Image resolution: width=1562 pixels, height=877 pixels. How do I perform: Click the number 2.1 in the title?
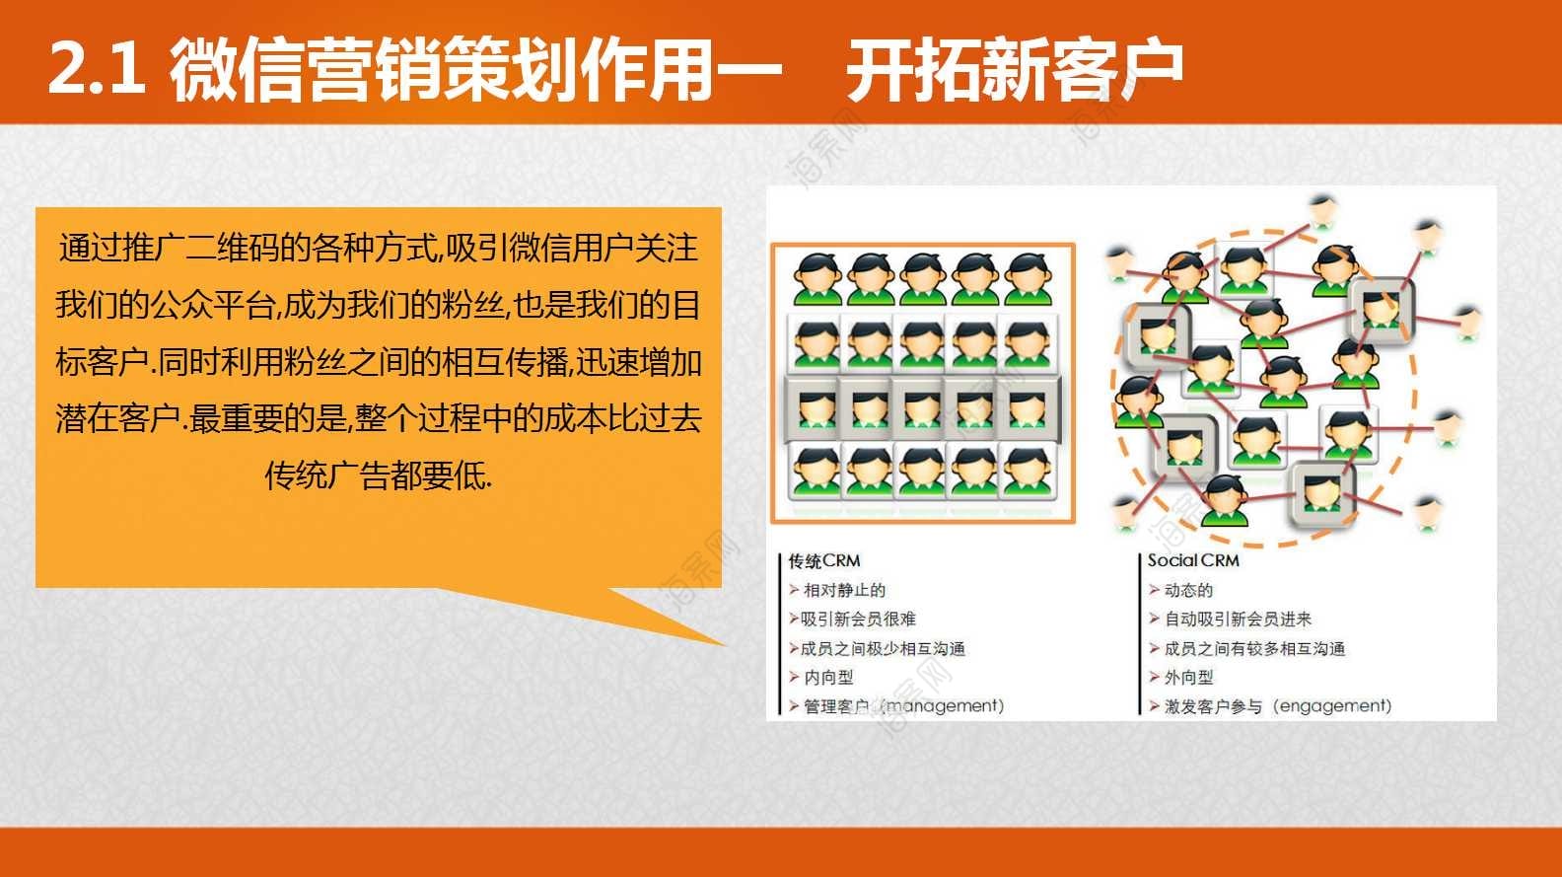[97, 68]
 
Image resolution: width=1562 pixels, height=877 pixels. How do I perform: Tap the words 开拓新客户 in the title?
[1015, 68]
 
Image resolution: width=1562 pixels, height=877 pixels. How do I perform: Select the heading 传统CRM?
[824, 561]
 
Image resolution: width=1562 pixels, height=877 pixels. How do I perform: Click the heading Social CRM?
[1193, 560]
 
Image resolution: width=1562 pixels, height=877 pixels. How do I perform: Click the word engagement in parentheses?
[1331, 706]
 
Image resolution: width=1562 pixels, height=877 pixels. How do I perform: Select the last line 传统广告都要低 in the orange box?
[378, 476]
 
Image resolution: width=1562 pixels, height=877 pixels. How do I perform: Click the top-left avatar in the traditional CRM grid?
[817, 279]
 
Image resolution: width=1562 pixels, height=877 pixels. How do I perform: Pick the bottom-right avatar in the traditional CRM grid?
[1028, 474]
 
